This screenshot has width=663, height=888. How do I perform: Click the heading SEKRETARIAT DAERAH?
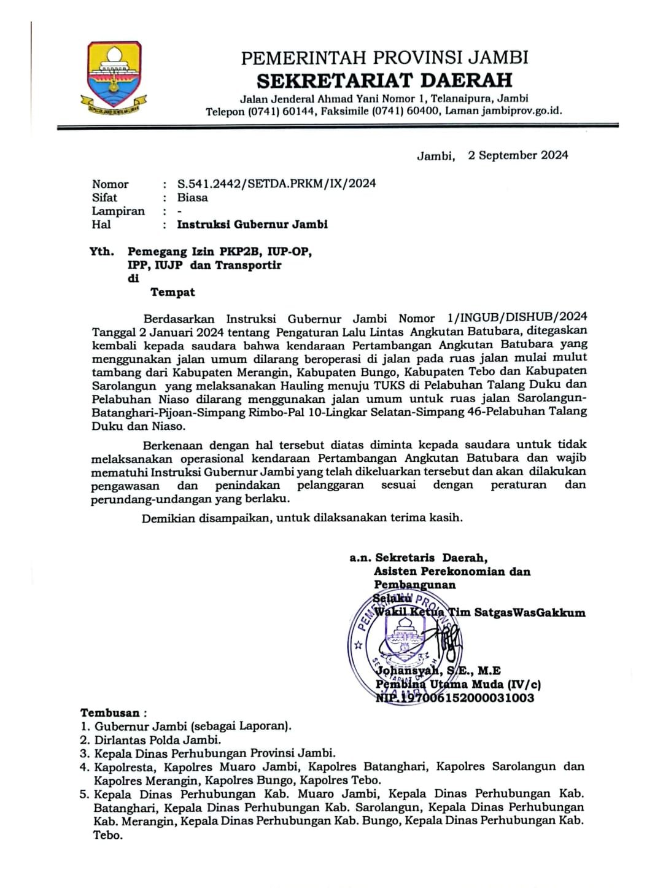coord(384,80)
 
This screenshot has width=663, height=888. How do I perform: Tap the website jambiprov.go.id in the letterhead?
coord(521,111)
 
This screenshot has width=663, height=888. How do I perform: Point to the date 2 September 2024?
coord(518,155)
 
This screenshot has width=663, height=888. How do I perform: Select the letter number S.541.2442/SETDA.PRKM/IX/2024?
coord(276,183)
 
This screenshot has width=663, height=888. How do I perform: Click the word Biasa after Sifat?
coord(192,197)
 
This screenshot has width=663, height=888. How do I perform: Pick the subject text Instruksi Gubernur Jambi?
coord(252,224)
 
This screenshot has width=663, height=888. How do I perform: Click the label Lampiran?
coord(118,211)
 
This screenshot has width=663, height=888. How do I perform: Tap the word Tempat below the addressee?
coord(173,292)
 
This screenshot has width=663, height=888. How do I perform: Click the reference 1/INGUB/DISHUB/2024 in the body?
coord(517,317)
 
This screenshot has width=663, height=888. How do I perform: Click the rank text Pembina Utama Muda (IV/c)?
coord(458,684)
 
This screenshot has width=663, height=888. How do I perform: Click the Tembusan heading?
coord(110,713)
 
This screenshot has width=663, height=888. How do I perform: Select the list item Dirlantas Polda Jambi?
coord(157,740)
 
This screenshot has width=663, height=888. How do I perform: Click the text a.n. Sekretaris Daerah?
coord(418,558)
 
